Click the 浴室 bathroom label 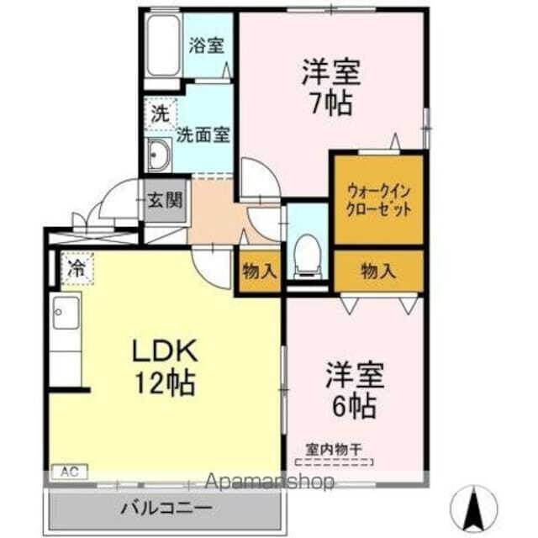point(206,46)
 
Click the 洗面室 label point(203,134)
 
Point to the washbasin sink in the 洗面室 point(158,156)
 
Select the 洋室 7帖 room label point(330,88)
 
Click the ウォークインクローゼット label point(378,199)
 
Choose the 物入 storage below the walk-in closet point(378,271)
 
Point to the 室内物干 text point(335,450)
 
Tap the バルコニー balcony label point(165,509)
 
